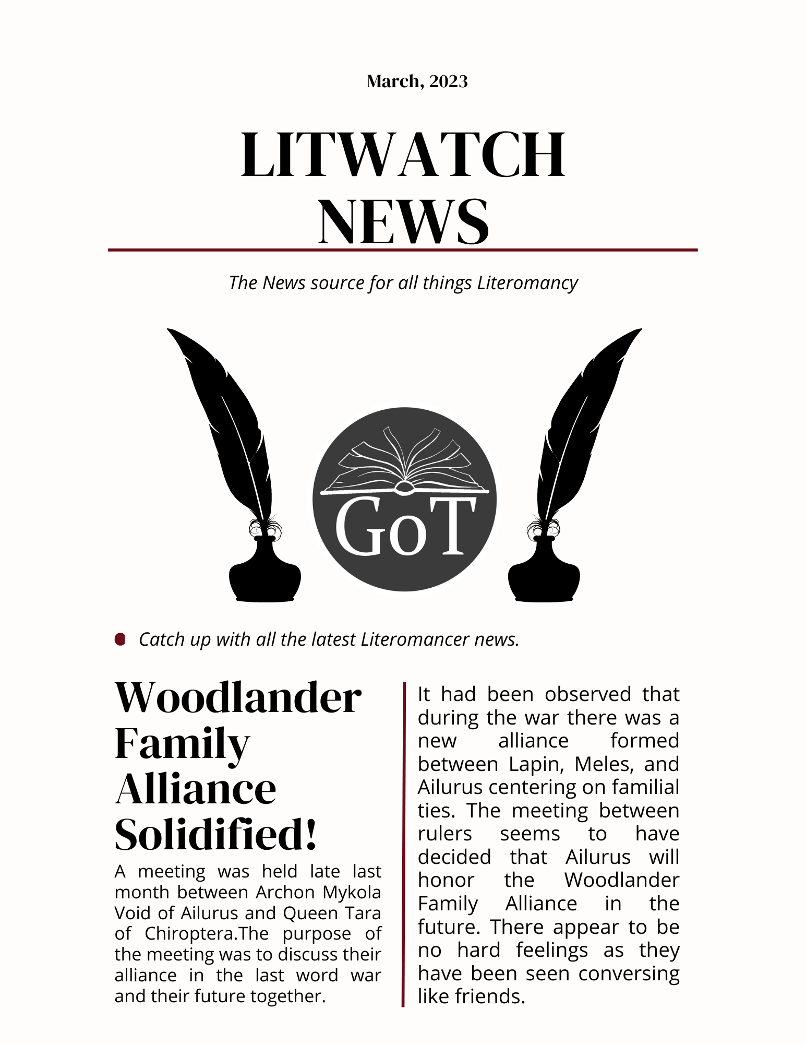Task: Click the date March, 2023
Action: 417,81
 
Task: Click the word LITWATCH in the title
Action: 403,155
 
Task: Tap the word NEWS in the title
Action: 404,221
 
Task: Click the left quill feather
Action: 224,418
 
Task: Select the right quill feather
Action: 584,418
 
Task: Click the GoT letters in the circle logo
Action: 405,527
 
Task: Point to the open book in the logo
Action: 405,462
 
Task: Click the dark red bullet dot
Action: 120,639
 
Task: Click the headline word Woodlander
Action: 238,698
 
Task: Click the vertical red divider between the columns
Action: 403,846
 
